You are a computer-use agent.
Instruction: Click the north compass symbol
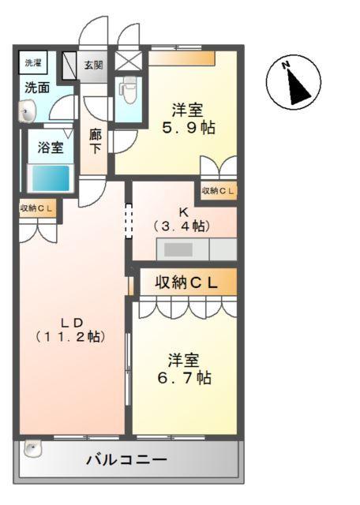(294, 82)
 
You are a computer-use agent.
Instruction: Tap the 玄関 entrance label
(93, 65)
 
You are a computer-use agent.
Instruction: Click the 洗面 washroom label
(34, 87)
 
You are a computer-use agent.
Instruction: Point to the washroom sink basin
(28, 113)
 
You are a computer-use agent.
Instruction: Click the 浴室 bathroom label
(51, 147)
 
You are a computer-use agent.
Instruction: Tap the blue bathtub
(49, 176)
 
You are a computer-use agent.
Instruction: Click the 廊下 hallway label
(96, 140)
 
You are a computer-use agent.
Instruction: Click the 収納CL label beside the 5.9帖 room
(218, 190)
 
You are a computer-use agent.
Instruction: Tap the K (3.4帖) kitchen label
(182, 219)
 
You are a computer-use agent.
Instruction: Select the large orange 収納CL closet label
(186, 282)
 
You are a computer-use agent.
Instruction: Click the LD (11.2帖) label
(71, 328)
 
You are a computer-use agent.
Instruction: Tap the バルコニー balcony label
(126, 460)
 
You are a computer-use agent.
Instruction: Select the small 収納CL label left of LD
(36, 208)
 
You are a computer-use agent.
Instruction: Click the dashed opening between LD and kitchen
(128, 220)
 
